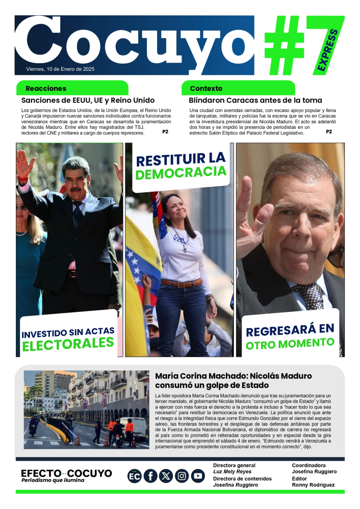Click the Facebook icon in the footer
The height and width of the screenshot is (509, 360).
pyautogui.click(x=150, y=476)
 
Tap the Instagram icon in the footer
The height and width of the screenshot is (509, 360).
pyautogui.click(x=182, y=476)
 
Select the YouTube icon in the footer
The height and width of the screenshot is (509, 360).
pyautogui.click(x=198, y=476)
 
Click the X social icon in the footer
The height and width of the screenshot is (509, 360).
pyautogui.click(x=166, y=476)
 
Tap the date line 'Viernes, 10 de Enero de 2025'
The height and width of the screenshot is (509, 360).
pyautogui.click(x=60, y=69)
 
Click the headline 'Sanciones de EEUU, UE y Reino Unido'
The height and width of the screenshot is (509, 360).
pyautogui.click(x=88, y=100)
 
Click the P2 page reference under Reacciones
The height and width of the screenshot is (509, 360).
pyautogui.click(x=165, y=131)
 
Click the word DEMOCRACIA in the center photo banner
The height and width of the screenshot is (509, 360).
pyautogui.click(x=181, y=174)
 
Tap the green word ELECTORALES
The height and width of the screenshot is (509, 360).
pyautogui.click(x=68, y=344)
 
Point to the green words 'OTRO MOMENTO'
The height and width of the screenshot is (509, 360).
pyautogui.click(x=290, y=344)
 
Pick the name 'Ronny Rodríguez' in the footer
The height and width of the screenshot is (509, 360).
pyautogui.click(x=313, y=485)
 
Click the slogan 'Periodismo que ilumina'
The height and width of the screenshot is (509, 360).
pyautogui.click(x=53, y=480)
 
